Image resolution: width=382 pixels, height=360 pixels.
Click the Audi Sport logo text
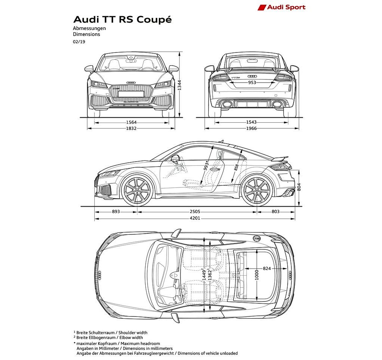(286, 7)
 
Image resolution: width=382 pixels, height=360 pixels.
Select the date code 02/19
(79, 42)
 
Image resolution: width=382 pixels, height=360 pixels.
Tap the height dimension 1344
(179, 85)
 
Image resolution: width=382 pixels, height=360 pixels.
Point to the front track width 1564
(131, 123)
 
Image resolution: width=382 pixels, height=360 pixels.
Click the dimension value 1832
(131, 128)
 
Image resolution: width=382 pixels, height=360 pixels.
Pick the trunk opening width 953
(252, 82)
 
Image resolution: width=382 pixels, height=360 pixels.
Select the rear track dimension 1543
(251, 122)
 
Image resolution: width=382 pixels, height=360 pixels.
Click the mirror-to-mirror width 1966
(251, 128)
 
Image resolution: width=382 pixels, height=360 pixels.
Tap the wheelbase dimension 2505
(195, 212)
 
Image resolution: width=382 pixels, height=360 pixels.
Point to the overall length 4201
(195, 218)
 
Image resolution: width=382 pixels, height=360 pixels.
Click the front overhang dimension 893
(116, 211)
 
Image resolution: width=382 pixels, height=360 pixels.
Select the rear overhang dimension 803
(276, 211)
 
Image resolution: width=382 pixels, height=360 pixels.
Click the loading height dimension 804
(299, 187)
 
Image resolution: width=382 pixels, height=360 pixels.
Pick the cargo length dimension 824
(267, 268)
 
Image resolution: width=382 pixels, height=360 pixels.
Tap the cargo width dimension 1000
(257, 275)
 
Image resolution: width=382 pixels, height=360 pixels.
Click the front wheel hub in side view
(137, 190)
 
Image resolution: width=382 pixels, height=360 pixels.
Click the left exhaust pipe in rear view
(227, 104)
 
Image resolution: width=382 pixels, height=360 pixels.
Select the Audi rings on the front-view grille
(131, 82)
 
